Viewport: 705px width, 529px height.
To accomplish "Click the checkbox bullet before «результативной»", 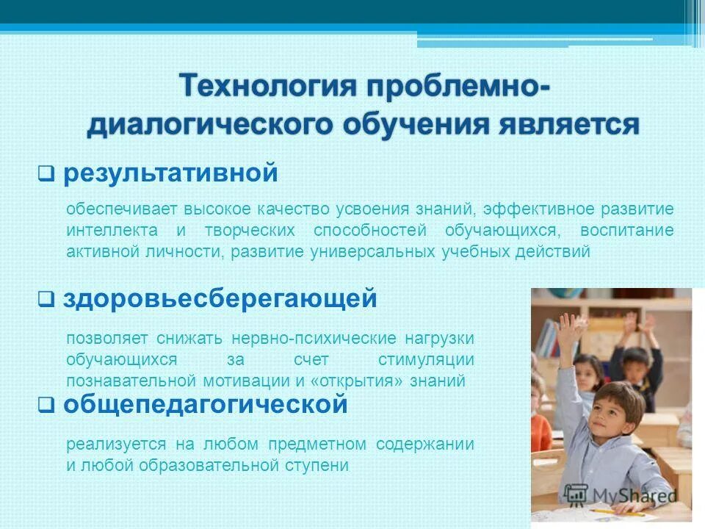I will coord(44,176).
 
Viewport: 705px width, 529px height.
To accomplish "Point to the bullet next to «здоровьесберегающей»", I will coord(44,300).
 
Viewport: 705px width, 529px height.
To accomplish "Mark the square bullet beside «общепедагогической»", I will coord(44,405).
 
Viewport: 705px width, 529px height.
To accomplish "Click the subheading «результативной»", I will coord(170,174).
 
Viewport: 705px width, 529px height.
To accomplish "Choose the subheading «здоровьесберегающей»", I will coord(220,298).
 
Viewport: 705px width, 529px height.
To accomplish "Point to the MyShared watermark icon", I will coord(576,494).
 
